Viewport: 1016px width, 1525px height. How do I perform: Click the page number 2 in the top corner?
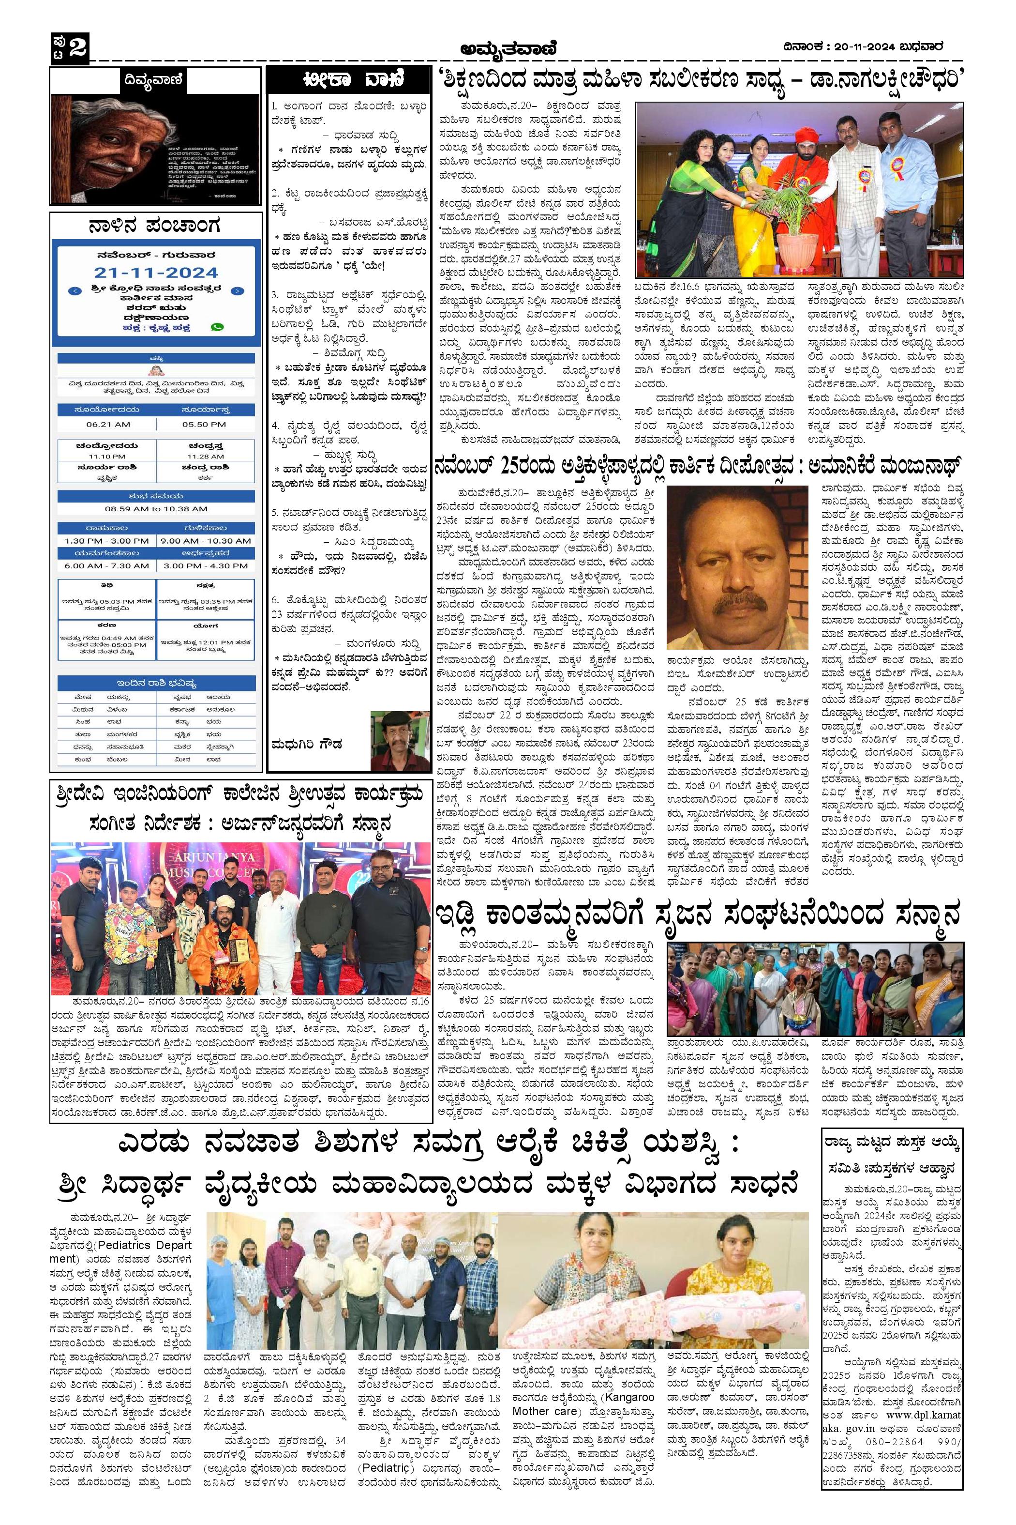click(x=78, y=48)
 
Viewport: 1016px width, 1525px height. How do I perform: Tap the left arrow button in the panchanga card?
click(x=76, y=291)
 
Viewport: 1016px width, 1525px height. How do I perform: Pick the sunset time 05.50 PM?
click(x=204, y=424)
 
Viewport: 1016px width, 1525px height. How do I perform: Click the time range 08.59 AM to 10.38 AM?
click(x=156, y=509)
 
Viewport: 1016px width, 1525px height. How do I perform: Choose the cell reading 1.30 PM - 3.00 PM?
click(x=107, y=541)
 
